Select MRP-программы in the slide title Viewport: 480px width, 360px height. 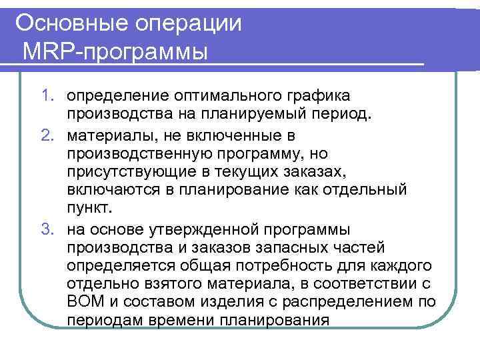click(x=114, y=51)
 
